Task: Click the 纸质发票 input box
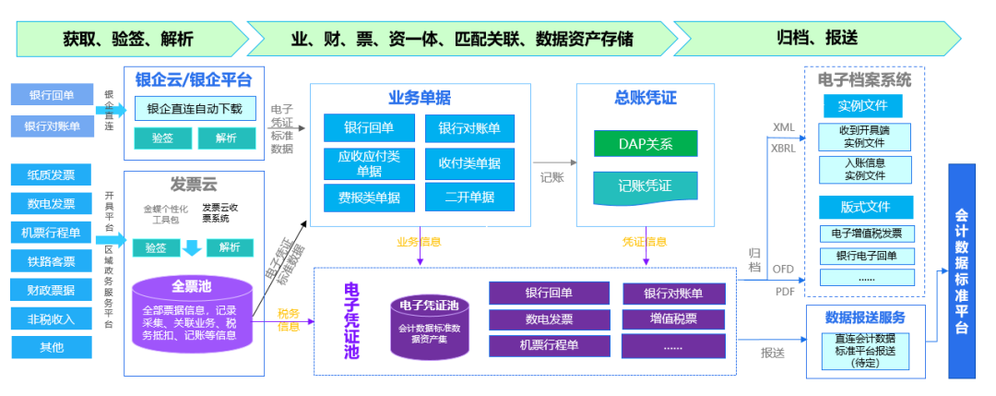[52, 174]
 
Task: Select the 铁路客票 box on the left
[52, 261]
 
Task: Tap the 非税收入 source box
[52, 318]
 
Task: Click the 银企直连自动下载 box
[195, 109]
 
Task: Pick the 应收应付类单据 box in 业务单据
[369, 163]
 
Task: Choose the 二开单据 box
[469, 197]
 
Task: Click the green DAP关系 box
[646, 144]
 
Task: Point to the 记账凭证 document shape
[646, 186]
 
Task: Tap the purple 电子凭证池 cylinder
[429, 326]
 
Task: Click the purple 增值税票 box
[673, 319]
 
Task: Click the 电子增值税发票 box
[866, 233]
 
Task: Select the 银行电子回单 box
[866, 256]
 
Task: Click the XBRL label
[784, 149]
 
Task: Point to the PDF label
[784, 291]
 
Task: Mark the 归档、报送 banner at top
[817, 38]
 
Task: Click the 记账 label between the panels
[551, 174]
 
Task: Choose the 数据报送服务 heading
[865, 317]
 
